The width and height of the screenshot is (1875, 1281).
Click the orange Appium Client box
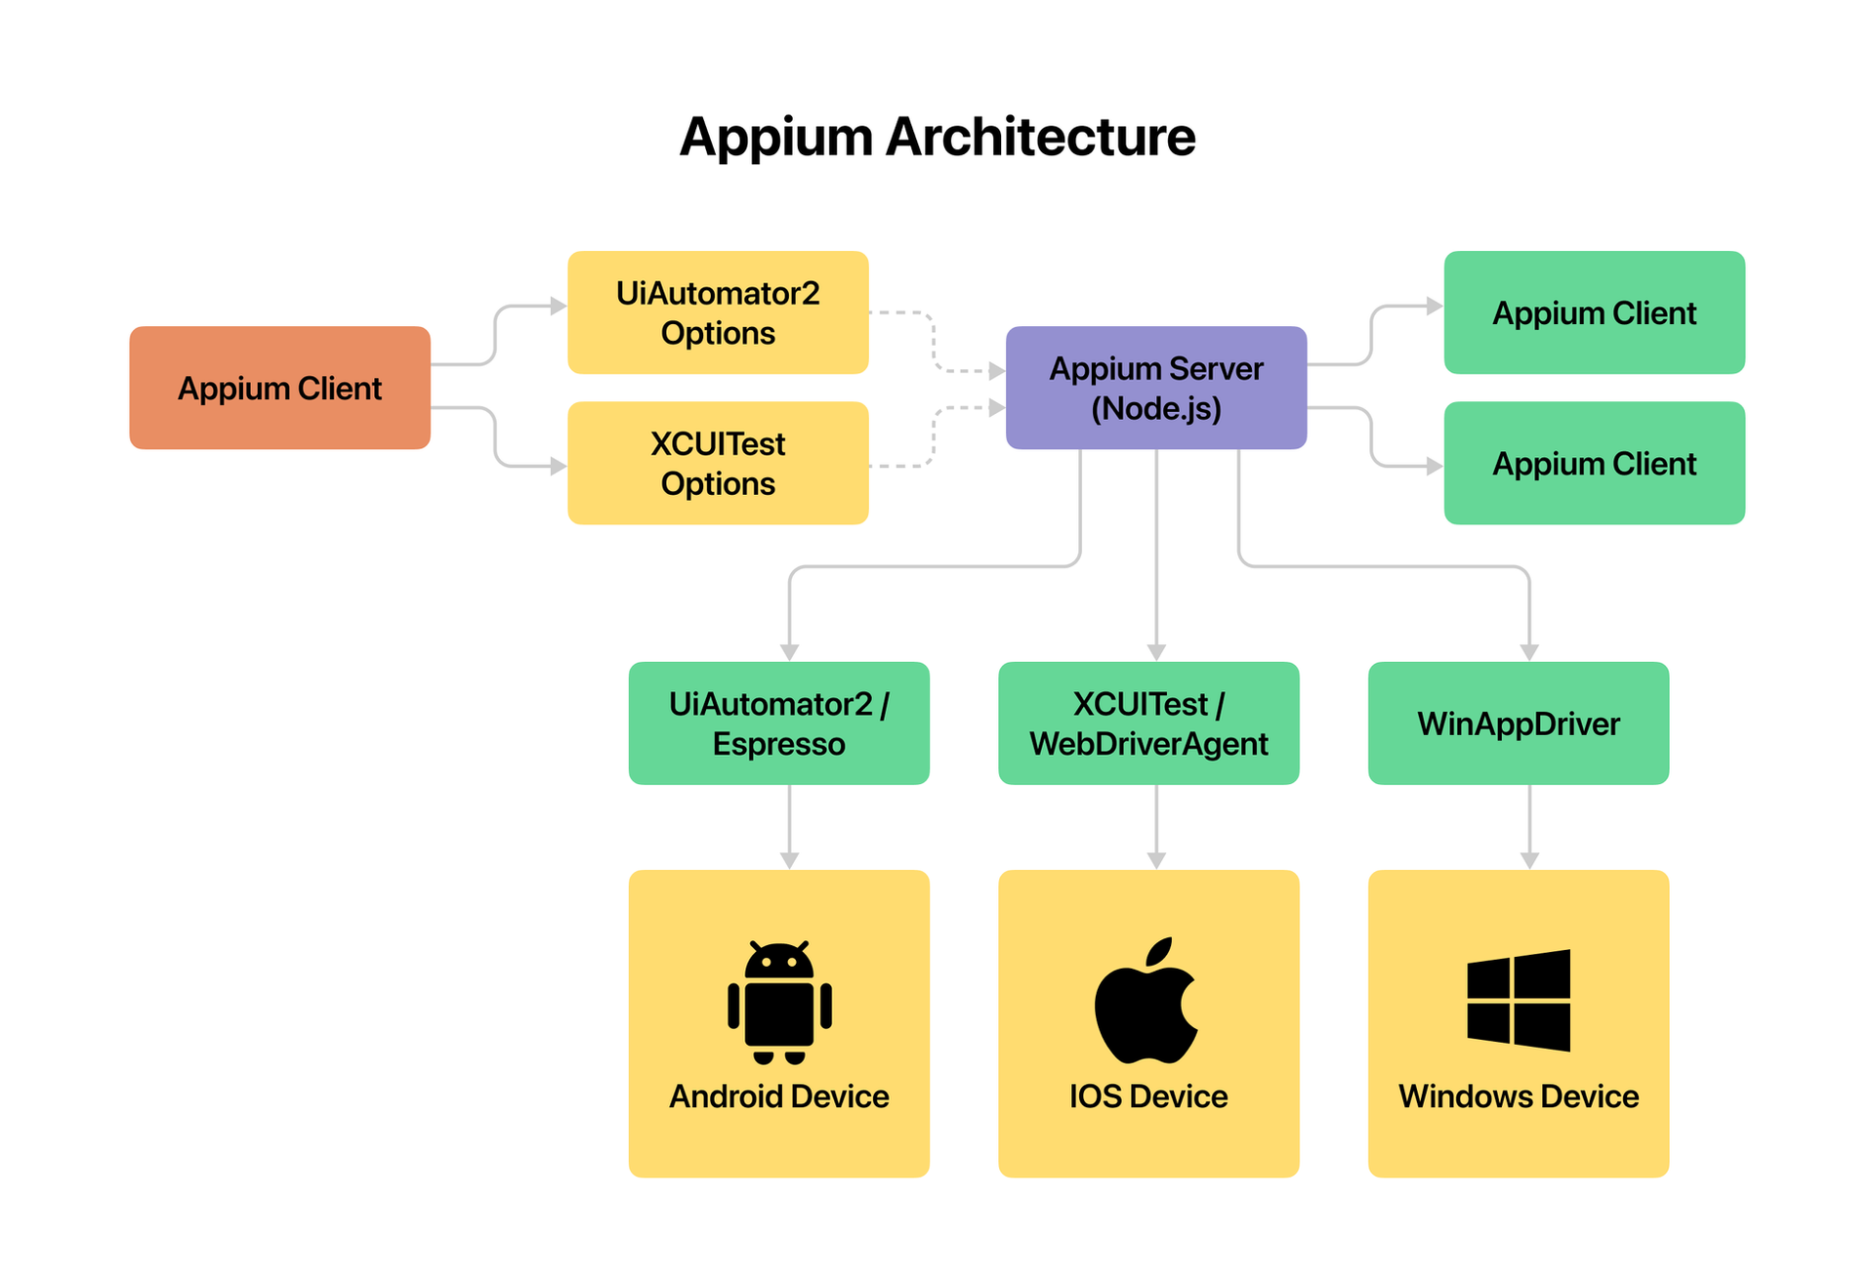[279, 388]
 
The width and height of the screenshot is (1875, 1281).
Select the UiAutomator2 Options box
[718, 312]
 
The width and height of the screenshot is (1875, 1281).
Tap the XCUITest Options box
[718, 463]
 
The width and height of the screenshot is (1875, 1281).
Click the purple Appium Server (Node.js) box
[1155, 388]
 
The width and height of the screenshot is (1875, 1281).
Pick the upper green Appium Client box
[1594, 312]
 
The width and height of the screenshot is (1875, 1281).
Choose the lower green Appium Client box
[1594, 463]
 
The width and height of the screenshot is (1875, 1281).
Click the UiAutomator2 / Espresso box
[778, 723]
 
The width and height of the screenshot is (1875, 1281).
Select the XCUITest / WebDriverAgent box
[1148, 723]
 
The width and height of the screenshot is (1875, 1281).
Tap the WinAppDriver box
[1518, 723]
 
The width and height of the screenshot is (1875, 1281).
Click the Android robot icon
[778, 1002]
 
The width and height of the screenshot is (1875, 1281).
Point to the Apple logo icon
[1146, 1002]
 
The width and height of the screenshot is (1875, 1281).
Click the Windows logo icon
[1518, 1000]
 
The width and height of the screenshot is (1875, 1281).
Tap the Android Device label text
[778, 1096]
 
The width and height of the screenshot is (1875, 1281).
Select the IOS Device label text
[1148, 1096]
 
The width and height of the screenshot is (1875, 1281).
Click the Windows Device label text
[1518, 1096]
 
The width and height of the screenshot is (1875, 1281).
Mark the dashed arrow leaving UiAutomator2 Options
[933, 341]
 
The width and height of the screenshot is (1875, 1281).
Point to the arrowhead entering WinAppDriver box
[1529, 652]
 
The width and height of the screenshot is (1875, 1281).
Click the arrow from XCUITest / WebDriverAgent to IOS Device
[1156, 825]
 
